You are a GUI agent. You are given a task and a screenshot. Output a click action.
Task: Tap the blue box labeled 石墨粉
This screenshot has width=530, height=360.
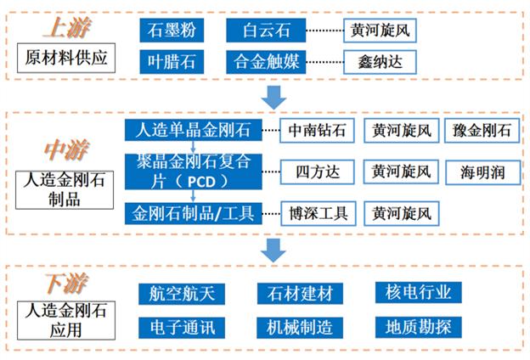coord(173,31)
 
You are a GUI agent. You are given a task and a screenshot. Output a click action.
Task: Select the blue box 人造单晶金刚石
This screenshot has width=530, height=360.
coord(191,131)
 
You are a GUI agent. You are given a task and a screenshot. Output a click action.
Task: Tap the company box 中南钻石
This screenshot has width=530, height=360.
coord(316,131)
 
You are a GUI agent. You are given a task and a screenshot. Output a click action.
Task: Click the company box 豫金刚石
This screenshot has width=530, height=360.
coord(482,131)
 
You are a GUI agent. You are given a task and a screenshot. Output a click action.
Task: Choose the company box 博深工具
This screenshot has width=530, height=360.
coord(316,213)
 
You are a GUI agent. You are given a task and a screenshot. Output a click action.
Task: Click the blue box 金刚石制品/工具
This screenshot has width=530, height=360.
coord(191,213)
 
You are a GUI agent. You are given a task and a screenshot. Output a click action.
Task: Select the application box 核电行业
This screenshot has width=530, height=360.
coord(418,292)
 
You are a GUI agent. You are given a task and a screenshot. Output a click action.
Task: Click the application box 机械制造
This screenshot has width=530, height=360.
coord(300,326)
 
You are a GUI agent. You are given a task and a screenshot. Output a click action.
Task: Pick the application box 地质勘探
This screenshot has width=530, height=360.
coord(418,326)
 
